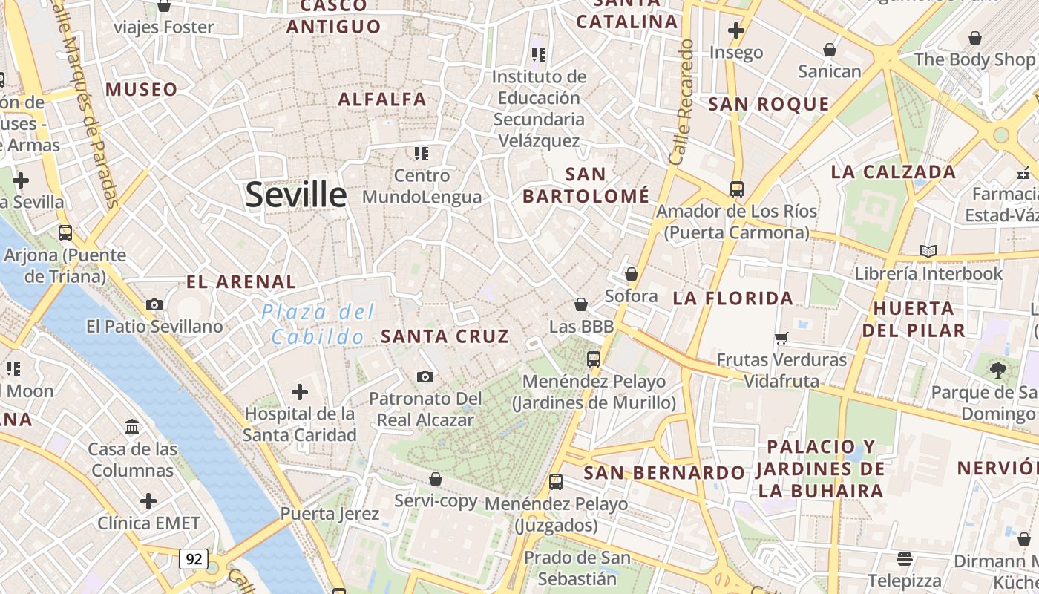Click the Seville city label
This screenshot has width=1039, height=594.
pos(296,195)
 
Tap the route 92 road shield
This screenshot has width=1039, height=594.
pos(193,558)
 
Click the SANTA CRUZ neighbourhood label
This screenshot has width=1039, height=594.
pos(445,336)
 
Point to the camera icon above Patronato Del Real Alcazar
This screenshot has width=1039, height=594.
pos(425,377)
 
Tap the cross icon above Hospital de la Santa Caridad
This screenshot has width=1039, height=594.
pos(300,391)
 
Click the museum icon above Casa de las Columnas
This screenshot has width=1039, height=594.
pos(133,426)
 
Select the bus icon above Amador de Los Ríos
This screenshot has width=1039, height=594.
pos(736,189)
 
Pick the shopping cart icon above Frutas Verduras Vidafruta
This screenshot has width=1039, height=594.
pos(781,338)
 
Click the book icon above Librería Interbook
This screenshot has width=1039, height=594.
pos(928,251)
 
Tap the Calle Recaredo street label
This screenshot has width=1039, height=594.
pos(681,102)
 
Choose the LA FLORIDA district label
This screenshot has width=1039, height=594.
pos(733,298)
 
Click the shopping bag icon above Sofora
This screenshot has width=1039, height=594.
pos(632,274)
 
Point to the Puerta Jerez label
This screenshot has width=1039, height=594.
pos(330,513)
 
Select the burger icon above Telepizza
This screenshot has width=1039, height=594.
pos(904,558)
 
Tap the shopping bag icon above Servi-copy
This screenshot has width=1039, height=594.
pos(436,479)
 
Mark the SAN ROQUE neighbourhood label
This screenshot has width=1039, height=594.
pos(768,105)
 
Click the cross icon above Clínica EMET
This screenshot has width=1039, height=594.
pos(148,500)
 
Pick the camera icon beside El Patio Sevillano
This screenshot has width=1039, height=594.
pos(154,304)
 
